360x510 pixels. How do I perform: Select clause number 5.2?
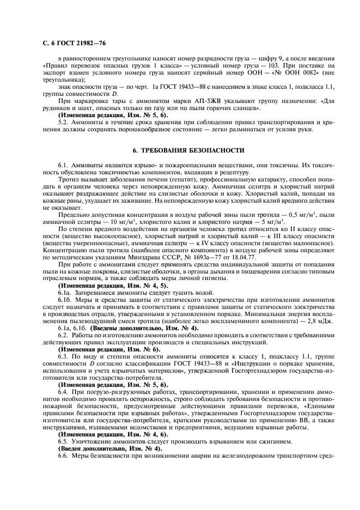[64, 123]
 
